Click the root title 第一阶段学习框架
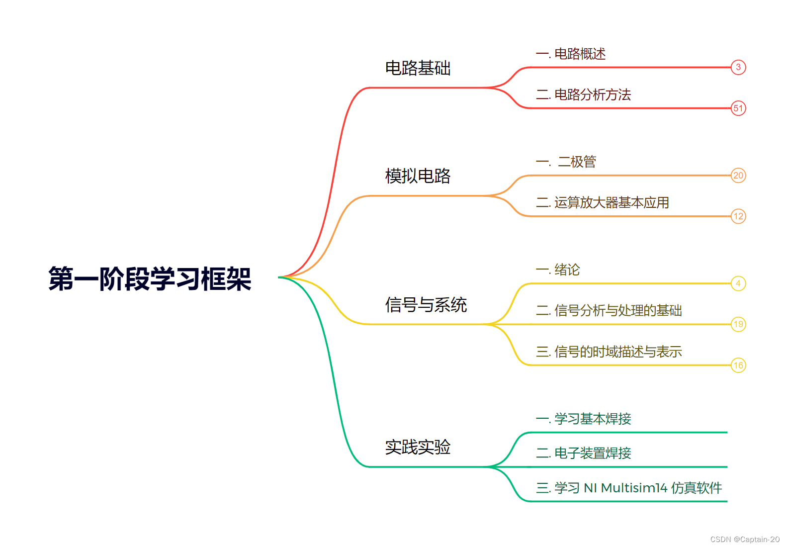click(x=150, y=278)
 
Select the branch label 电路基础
click(x=418, y=68)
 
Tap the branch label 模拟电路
click(x=418, y=176)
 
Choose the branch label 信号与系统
click(x=426, y=305)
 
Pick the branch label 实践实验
click(x=418, y=447)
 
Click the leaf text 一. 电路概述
click(x=571, y=54)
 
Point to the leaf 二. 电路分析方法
click(x=583, y=94)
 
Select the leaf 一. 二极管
click(x=566, y=162)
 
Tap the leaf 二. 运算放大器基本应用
click(x=602, y=202)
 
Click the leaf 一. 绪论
click(x=558, y=270)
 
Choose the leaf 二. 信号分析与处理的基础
click(x=609, y=311)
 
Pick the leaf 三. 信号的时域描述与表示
click(x=609, y=352)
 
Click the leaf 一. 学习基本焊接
click(x=583, y=419)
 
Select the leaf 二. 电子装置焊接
click(x=583, y=453)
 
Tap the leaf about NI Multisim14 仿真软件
click(x=628, y=488)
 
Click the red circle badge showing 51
click(x=738, y=108)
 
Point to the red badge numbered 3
click(x=738, y=67)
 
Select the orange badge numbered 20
click(x=738, y=176)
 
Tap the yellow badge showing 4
click(x=738, y=283)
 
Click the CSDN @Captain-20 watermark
click(x=745, y=540)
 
